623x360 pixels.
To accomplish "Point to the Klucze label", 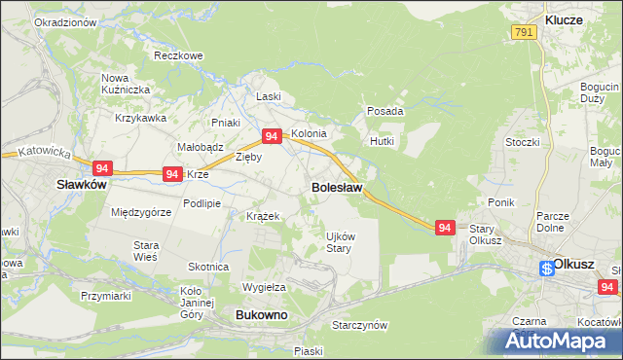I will point(564,19).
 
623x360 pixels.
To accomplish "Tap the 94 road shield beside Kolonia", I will point(272,137).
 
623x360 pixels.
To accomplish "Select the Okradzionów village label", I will point(64,21).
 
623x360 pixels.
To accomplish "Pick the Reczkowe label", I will point(177,56).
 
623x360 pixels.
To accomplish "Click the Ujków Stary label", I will point(338,241).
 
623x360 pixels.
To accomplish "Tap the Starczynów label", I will point(359,325).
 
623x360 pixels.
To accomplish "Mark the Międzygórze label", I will point(141,212).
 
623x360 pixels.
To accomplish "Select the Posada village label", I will point(385,112).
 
